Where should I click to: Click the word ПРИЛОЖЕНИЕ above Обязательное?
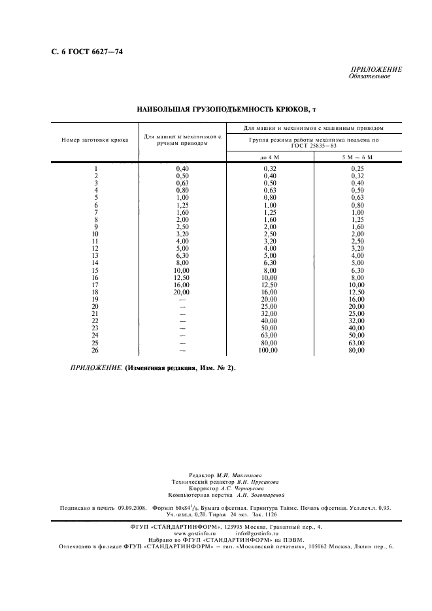click(376, 69)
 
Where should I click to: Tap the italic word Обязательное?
click(370, 76)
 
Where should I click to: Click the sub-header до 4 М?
click(269, 158)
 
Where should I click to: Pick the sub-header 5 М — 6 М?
click(357, 158)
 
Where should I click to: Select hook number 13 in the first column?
click(95, 255)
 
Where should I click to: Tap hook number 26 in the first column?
click(95, 351)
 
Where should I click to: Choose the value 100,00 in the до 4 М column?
click(269, 351)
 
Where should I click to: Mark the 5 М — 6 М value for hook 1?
click(357, 169)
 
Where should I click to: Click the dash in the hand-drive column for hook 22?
click(182, 321)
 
